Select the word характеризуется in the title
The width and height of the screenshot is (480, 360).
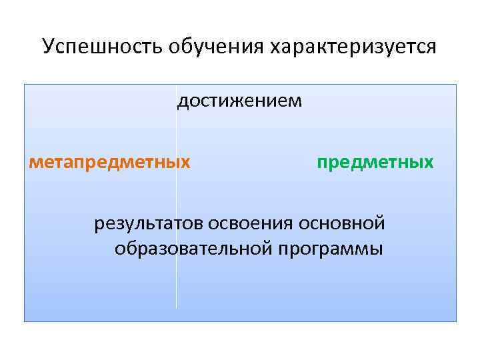pyautogui.click(x=353, y=48)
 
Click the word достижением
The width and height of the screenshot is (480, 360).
pyautogui.click(x=239, y=102)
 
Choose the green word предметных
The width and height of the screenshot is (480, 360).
pyautogui.click(x=375, y=162)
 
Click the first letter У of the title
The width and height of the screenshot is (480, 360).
pyautogui.click(x=47, y=47)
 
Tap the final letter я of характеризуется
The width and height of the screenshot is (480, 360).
pyautogui.click(x=433, y=49)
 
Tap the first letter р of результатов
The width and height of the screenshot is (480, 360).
pyautogui.click(x=98, y=224)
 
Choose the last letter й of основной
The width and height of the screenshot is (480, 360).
pyautogui.click(x=381, y=221)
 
